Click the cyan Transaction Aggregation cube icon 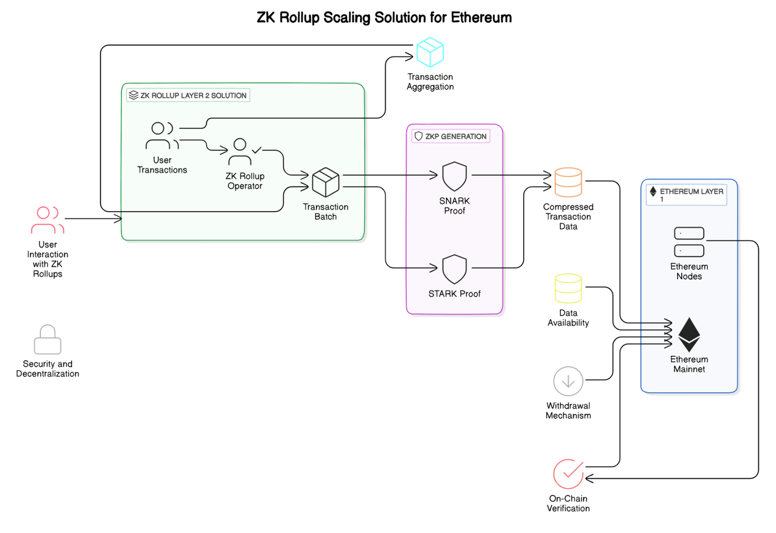[430, 52]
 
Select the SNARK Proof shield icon [454, 176]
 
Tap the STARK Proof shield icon [454, 269]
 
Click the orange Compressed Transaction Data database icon [568, 182]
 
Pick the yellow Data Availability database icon [568, 288]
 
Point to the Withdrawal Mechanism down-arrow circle [568, 381]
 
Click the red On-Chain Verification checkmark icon [568, 474]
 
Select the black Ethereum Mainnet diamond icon [689, 334]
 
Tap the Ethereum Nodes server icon [689, 242]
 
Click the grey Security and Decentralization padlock [48, 339]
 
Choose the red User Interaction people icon [48, 220]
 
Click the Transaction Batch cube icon [326, 182]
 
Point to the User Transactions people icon [162, 136]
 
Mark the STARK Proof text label [454, 293]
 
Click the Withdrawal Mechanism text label [568, 410]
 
